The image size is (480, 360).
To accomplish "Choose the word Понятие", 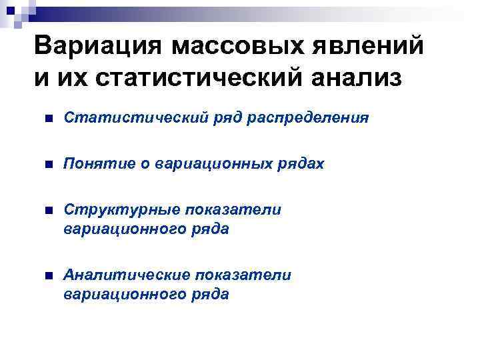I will [x=94, y=164].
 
